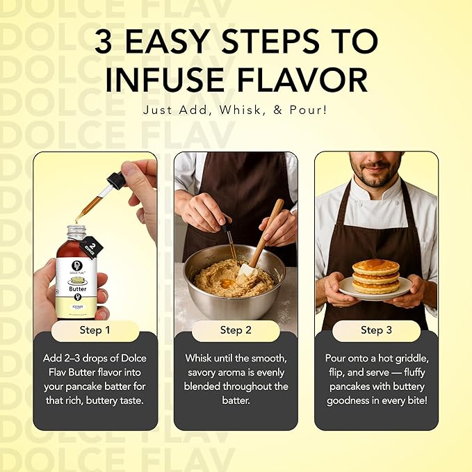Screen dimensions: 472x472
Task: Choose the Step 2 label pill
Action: pyautogui.click(x=236, y=330)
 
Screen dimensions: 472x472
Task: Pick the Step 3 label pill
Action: pyautogui.click(x=376, y=330)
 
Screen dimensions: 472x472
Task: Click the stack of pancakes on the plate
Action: pyautogui.click(x=375, y=277)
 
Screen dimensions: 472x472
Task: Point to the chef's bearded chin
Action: pyautogui.click(x=375, y=183)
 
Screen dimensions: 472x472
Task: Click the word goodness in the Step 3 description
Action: pyautogui.click(x=355, y=401)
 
